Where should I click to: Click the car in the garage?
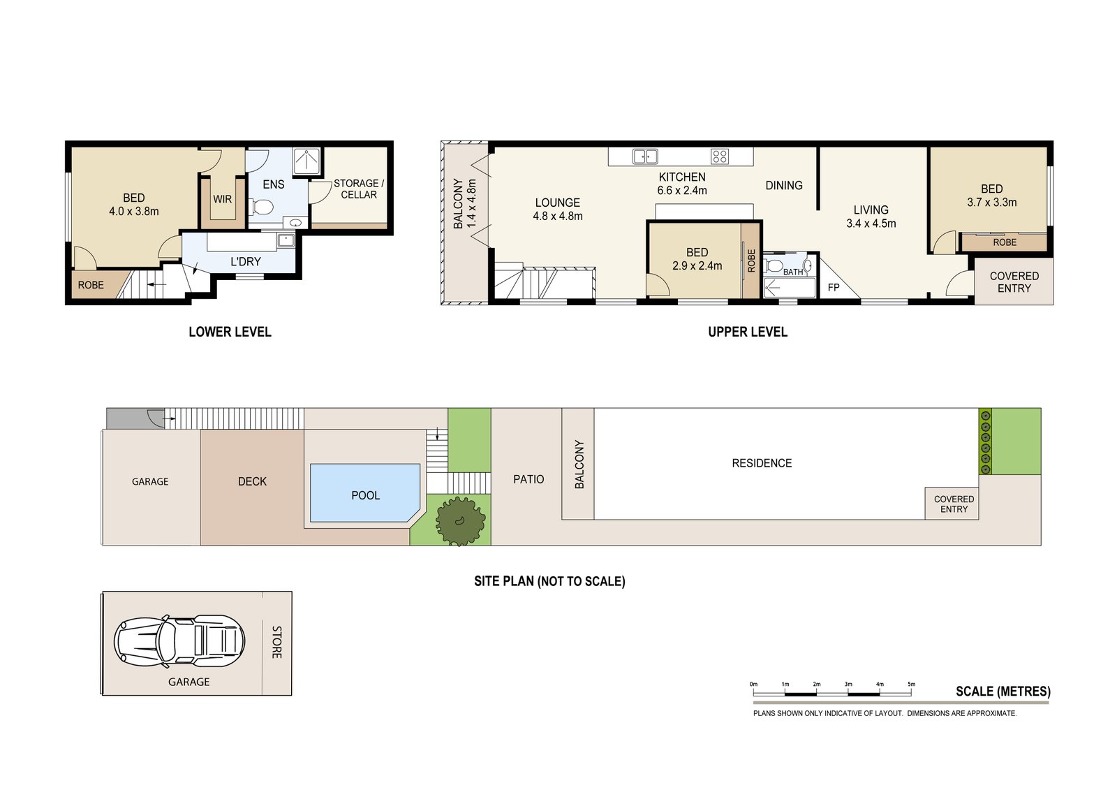179,641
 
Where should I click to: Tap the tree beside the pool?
460,522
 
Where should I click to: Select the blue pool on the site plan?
365,493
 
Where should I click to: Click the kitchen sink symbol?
645,156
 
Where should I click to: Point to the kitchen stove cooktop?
720,156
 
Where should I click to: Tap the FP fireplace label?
834,288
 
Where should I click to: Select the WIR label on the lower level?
223,200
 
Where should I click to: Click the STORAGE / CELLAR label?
359,189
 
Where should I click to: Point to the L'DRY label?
245,261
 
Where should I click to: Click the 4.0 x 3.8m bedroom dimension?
133,212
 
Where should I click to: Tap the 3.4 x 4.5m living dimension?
871,224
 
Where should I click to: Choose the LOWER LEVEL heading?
230,332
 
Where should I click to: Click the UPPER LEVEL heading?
748,332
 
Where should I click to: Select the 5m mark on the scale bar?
912,685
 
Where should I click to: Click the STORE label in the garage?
276,643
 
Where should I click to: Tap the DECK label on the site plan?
252,481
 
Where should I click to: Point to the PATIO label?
528,480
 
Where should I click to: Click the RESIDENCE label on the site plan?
762,463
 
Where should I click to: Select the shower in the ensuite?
306,161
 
